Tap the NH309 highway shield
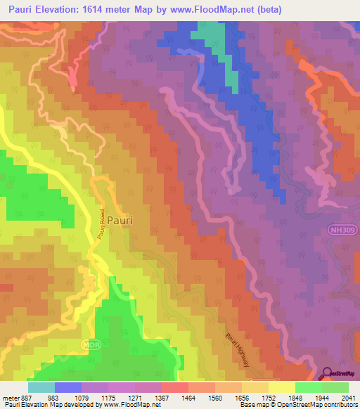(340, 229)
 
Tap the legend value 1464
(187, 397)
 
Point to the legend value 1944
(321, 397)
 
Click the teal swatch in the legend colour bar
(41, 387)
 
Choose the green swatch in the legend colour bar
(308, 387)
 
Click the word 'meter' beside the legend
(10, 397)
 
